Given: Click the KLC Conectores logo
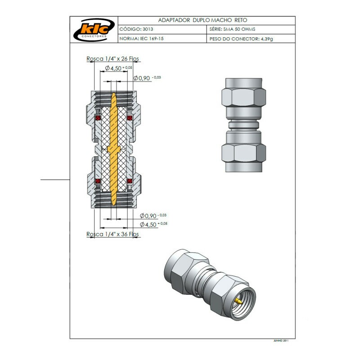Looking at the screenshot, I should click(94, 30).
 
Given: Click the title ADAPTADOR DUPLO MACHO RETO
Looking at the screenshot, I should click(202, 20).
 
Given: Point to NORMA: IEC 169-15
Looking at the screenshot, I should click(142, 39).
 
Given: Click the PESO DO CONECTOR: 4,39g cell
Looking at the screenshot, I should click(241, 39).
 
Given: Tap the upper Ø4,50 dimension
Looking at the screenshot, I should click(118, 68).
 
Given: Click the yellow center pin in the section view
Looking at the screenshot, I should click(113, 148).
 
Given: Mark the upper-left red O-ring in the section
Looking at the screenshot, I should click(96, 118).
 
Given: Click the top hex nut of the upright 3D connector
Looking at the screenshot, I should click(243, 97).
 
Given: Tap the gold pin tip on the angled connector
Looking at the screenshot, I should click(237, 299).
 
